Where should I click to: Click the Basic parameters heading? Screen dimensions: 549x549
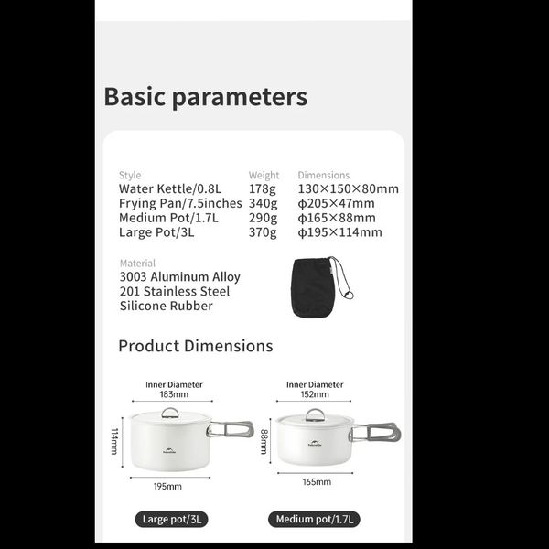click(205, 97)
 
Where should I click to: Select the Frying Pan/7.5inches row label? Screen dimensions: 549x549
click(180, 203)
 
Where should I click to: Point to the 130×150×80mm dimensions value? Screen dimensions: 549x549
click(348, 189)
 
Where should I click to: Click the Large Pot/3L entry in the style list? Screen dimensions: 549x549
click(156, 232)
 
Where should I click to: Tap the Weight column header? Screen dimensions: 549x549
click(264, 175)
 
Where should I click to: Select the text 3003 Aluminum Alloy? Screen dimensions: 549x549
click(179, 276)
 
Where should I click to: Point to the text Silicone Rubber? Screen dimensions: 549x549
click(166, 306)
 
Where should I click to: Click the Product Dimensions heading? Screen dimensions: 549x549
click(196, 346)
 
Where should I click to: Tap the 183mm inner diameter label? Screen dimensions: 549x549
click(174, 395)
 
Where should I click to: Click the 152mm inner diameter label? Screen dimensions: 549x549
click(314, 395)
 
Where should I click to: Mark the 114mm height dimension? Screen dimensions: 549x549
click(115, 443)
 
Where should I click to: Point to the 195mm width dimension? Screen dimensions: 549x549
click(168, 487)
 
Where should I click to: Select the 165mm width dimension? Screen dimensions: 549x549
click(317, 481)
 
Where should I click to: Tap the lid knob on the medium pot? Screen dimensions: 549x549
click(315, 414)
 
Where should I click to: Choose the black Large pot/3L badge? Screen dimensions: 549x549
click(173, 520)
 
